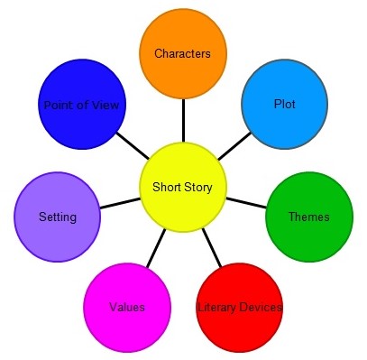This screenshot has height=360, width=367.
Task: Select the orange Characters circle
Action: pos(182,54)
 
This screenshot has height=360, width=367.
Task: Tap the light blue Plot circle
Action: pos(284,104)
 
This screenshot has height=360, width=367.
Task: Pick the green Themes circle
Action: pos(308,217)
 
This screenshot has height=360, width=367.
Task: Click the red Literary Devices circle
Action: pos(239,308)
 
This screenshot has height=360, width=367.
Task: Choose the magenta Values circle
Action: pos(127,308)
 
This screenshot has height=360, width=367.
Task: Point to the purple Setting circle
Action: pos(58,217)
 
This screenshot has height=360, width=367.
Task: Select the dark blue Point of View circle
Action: pos(81,104)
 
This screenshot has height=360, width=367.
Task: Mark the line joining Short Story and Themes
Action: pos(245,201)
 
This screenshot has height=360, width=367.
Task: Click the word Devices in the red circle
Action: pos(261,308)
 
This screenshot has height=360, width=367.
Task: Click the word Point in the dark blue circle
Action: pos(57,105)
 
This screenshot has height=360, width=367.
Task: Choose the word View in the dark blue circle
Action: pos(106,105)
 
